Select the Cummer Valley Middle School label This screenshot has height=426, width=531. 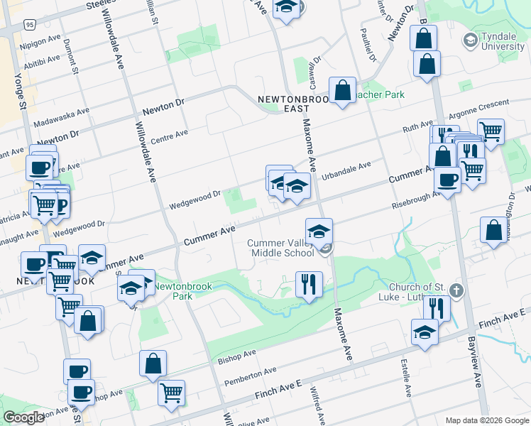point(280,248)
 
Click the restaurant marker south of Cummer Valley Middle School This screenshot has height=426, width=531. point(308,285)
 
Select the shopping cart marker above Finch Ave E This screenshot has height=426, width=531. point(172,391)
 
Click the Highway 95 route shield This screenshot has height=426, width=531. point(29,24)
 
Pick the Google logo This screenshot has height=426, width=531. point(23,417)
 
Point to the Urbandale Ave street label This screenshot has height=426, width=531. point(346,170)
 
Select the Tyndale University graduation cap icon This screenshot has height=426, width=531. point(469,40)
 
